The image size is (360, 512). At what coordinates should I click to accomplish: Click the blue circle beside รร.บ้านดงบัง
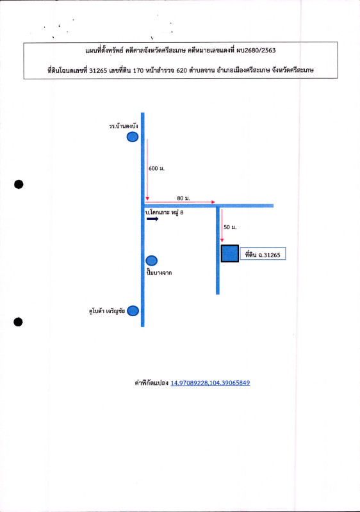(133, 137)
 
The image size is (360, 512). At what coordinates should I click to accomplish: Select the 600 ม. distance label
(156, 168)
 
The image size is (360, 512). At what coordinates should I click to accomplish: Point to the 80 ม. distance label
(183, 198)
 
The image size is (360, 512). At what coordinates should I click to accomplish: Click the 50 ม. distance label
(230, 227)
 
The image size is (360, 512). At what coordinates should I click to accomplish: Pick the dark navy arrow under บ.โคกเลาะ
(152, 219)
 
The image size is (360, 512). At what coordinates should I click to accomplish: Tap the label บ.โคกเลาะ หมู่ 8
(165, 212)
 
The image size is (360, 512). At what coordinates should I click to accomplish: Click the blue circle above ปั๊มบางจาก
(151, 260)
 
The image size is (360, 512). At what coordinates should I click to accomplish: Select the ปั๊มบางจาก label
(159, 273)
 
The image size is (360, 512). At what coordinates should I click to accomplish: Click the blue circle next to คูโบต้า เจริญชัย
(133, 311)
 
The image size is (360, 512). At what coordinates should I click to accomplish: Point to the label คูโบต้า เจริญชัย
(107, 311)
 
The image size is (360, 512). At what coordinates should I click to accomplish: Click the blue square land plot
(230, 253)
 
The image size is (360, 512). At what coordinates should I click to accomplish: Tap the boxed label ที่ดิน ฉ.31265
(263, 253)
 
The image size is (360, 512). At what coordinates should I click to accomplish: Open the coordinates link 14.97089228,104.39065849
(210, 383)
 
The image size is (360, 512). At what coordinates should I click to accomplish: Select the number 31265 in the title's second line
(98, 70)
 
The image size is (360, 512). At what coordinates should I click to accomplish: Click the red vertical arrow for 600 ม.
(147, 170)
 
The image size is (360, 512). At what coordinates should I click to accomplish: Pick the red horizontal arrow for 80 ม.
(181, 202)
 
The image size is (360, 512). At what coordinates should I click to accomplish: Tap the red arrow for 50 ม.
(222, 226)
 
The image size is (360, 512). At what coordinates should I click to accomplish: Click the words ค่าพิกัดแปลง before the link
(151, 383)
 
